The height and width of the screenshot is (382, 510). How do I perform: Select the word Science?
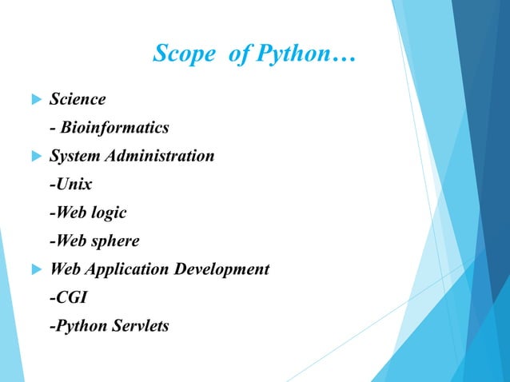pyautogui.click(x=78, y=99)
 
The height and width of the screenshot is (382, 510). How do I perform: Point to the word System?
pyautogui.click(x=76, y=156)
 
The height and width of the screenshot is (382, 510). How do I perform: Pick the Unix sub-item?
pyautogui.click(x=70, y=185)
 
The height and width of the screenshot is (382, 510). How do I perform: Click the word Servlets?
pyautogui.click(x=140, y=325)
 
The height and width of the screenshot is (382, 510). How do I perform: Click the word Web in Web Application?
pyautogui.click(x=64, y=269)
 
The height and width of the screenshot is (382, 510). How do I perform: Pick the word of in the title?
pyautogui.click(x=234, y=55)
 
